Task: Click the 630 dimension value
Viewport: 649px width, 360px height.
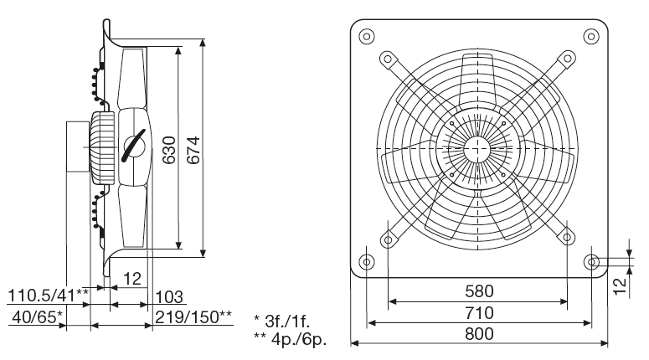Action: [168, 150]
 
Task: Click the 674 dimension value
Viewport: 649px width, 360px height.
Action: [193, 150]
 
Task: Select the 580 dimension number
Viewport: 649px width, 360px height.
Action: [479, 291]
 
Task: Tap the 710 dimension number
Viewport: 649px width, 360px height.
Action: [479, 313]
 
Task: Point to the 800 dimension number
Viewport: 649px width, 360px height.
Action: [479, 334]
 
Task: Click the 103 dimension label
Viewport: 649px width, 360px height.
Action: [169, 296]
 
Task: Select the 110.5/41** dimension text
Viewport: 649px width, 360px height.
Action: [49, 296]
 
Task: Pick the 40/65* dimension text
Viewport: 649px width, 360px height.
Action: [37, 317]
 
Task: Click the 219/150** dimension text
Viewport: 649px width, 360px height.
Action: [193, 317]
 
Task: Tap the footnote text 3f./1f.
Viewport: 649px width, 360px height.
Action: [281, 321]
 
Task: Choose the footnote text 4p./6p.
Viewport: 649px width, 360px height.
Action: [290, 339]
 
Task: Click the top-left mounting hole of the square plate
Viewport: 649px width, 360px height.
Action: [366, 36]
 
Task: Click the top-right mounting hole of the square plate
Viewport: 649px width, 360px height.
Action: [591, 36]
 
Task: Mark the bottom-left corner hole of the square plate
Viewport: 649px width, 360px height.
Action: [366, 261]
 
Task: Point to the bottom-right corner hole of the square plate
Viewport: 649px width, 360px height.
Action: [592, 261]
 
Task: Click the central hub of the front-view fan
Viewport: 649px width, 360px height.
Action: [477, 148]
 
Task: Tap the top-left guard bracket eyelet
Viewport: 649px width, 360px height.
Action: [388, 59]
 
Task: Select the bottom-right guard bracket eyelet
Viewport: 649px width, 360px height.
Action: [567, 238]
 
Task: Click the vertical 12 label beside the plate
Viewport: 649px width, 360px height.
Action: [620, 286]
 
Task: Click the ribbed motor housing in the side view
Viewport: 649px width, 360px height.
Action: [103, 147]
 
